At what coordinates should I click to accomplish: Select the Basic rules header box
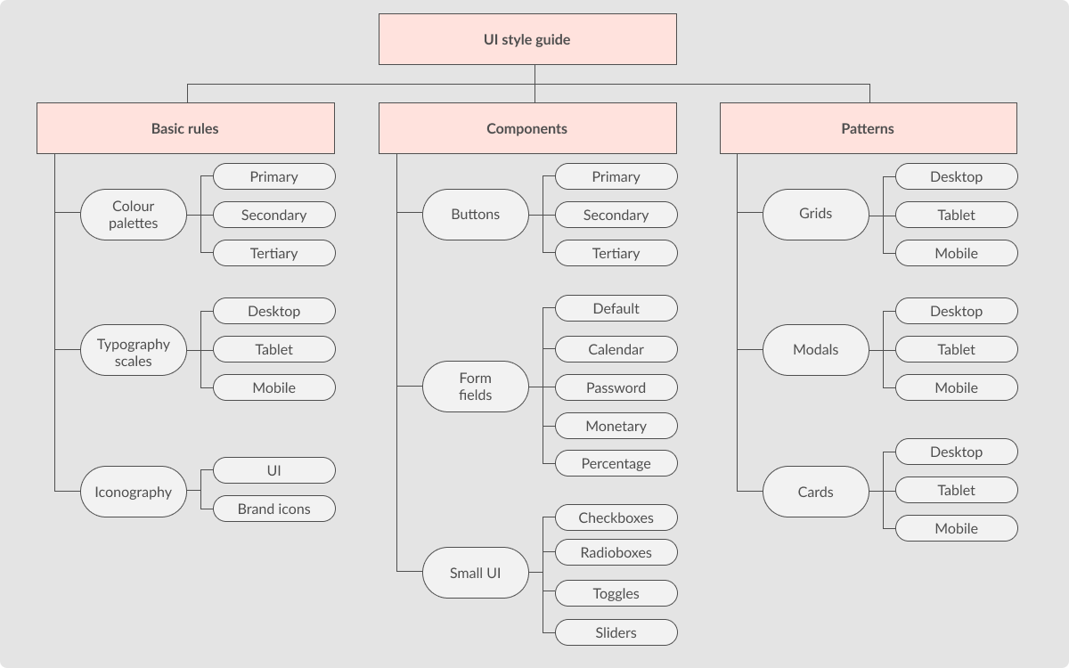[x=185, y=128]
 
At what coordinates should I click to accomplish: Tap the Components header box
[x=526, y=128]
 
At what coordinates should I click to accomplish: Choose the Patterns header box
[x=868, y=128]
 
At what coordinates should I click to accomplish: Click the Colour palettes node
[x=134, y=215]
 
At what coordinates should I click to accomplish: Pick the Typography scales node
[x=134, y=352]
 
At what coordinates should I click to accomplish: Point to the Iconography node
[x=134, y=492]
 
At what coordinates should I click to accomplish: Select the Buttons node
[x=476, y=215]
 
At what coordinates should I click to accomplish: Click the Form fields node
[x=476, y=387]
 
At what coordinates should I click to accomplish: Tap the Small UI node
[x=476, y=573]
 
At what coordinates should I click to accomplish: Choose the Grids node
[x=815, y=215]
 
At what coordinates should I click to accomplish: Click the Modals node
[x=815, y=349]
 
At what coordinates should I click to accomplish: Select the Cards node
[x=815, y=492]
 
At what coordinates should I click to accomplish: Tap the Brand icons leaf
[x=274, y=509]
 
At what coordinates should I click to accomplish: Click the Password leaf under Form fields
[x=616, y=387]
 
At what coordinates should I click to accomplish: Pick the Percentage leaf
[x=616, y=463]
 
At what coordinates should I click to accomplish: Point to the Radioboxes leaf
[x=616, y=552]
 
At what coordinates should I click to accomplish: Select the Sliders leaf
[x=616, y=633]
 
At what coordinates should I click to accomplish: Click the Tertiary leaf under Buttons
[x=616, y=253]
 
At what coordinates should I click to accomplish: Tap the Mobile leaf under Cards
[x=956, y=528]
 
